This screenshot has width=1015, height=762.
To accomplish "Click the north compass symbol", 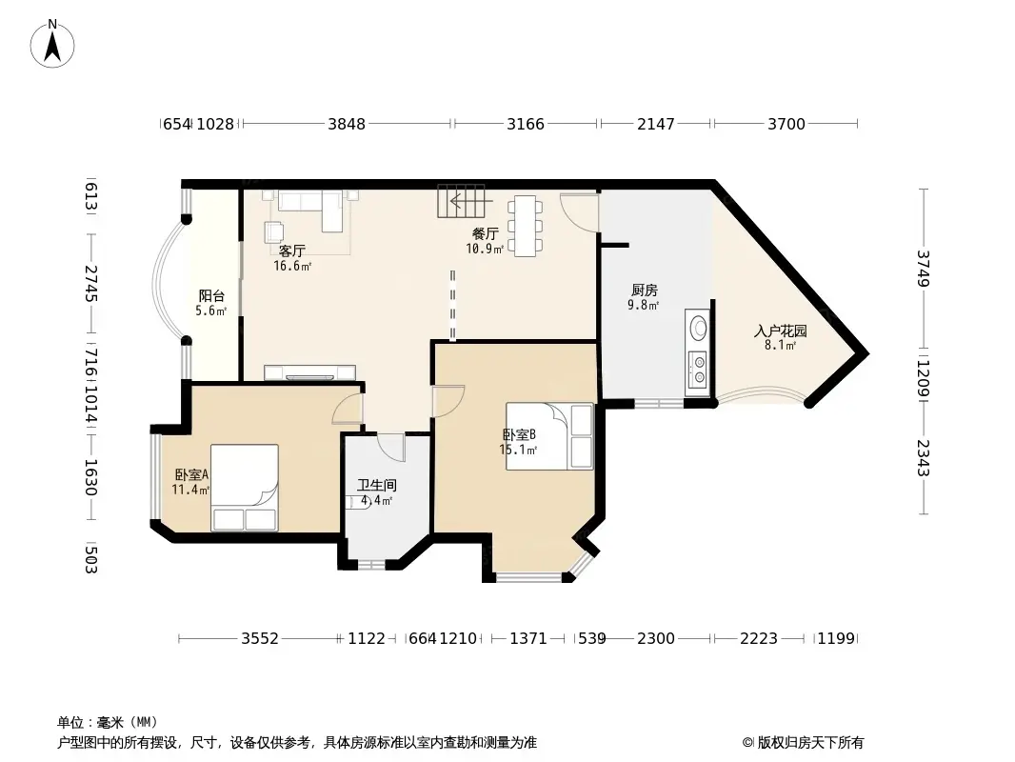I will (x=53, y=44).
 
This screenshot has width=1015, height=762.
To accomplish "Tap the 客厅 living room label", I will (x=292, y=251).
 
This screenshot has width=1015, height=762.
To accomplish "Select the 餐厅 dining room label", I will (x=486, y=233).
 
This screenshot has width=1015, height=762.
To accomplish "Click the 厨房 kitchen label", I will (x=645, y=291).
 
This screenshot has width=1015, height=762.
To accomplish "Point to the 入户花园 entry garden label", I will (x=781, y=331).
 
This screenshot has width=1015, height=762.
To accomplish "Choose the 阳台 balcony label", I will (x=211, y=295).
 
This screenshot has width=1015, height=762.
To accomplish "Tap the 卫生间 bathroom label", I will (x=377, y=485).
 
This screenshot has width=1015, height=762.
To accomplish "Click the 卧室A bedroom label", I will (x=191, y=474).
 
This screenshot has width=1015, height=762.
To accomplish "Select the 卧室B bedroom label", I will (x=519, y=435).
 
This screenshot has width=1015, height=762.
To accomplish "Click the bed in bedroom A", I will (x=245, y=487).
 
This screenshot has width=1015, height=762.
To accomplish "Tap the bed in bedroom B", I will (x=549, y=436).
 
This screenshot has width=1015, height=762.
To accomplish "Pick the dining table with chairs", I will (x=526, y=226).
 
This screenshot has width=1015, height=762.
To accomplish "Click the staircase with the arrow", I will (x=461, y=201).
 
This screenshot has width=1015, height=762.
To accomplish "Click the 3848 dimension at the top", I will (x=347, y=124).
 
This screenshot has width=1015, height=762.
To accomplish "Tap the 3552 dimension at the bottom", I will (x=259, y=638).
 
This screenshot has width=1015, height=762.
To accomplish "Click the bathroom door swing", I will (x=391, y=447).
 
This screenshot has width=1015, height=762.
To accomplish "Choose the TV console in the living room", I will (x=310, y=371).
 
